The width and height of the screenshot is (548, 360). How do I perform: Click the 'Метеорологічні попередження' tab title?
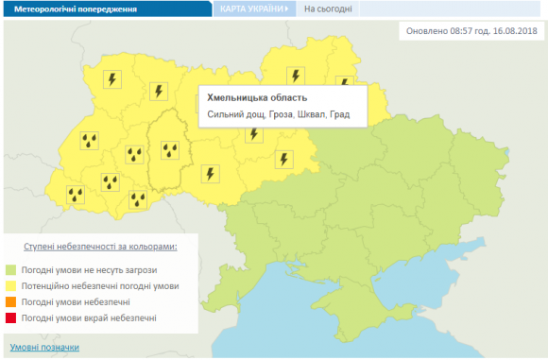click(x=75, y=9)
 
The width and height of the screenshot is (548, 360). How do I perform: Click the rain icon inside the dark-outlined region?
click(x=171, y=148)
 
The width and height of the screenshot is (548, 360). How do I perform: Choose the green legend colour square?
click(x=11, y=268)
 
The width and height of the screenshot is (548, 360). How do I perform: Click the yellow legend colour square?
click(x=11, y=284)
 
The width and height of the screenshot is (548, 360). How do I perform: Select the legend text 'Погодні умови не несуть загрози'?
click(x=90, y=268)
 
